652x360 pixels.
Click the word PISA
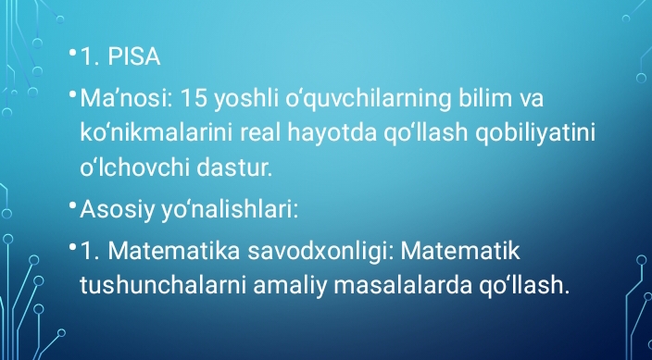point(134,58)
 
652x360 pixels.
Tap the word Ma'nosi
point(119,97)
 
